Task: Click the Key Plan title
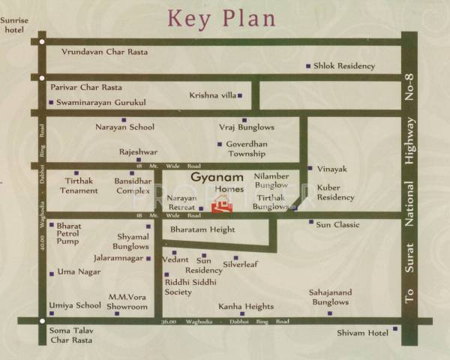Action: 221,17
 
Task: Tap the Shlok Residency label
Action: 344,66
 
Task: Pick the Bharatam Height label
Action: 202,229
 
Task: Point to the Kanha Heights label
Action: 246,307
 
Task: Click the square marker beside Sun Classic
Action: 311,222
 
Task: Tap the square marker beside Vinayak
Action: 310,168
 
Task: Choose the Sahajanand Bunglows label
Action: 331,297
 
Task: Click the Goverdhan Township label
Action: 247,148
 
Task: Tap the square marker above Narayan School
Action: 124,120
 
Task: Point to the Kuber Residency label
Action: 335,192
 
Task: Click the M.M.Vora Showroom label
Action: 128,301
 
